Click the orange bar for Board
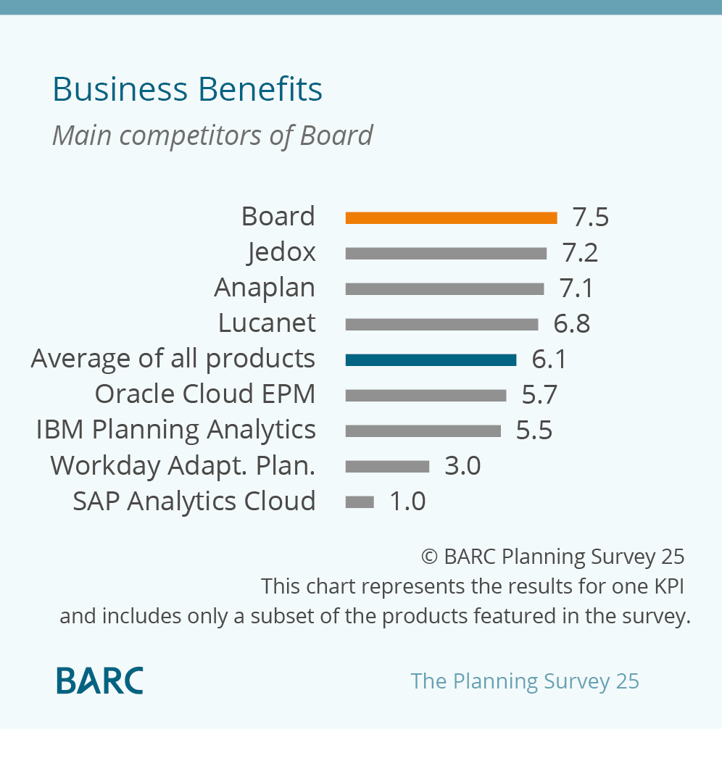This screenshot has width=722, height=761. pos(451,217)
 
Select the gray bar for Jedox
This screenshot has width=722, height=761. pos(446,253)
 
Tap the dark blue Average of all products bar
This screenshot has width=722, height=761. pos(431,359)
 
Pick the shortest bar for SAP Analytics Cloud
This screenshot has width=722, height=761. pos(360,502)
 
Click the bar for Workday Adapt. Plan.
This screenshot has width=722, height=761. pos(387,466)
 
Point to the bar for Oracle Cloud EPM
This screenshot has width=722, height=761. pos(426,395)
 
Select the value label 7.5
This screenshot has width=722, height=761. pos(590,217)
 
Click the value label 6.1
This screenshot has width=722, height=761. pos(549,359)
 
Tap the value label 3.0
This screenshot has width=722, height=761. pos(462,466)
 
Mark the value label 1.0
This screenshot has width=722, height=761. pos(407,502)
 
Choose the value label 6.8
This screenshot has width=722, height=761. pos(571,324)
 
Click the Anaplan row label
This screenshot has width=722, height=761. pos(265,288)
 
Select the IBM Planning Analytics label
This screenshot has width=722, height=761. pos(176,430)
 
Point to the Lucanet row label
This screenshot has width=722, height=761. pos(267,324)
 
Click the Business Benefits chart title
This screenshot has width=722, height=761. pos(187,90)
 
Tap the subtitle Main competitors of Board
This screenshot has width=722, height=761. pos(212,136)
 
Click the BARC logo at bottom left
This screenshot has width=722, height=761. pos(100,681)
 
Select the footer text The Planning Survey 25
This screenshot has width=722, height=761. pos(525,681)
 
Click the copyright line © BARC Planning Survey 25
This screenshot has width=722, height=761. pos(552,557)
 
